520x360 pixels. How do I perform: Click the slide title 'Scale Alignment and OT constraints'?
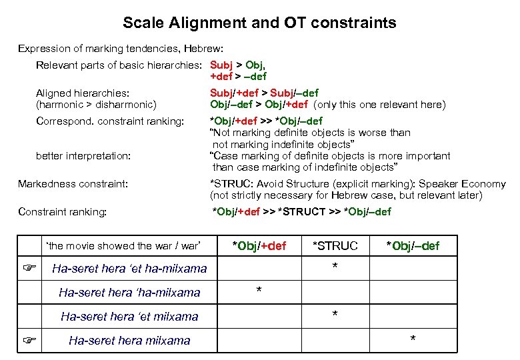pyautogui.click(x=259, y=23)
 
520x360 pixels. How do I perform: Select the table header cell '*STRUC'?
pyautogui.click(x=335, y=246)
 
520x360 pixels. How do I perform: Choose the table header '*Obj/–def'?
pyautogui.click(x=413, y=246)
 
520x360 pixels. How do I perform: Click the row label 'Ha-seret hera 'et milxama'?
pyautogui.click(x=129, y=316)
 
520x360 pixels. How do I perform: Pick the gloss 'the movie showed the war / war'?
pyautogui.click(x=123, y=246)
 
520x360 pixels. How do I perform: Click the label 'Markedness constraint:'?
pyautogui.click(x=73, y=183)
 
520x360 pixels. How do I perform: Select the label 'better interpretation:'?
pyautogui.click(x=83, y=155)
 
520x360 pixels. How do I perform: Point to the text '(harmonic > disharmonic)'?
pyautogui.click(x=96, y=105)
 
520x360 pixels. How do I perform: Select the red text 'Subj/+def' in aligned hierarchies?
pyautogui.click(x=232, y=93)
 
